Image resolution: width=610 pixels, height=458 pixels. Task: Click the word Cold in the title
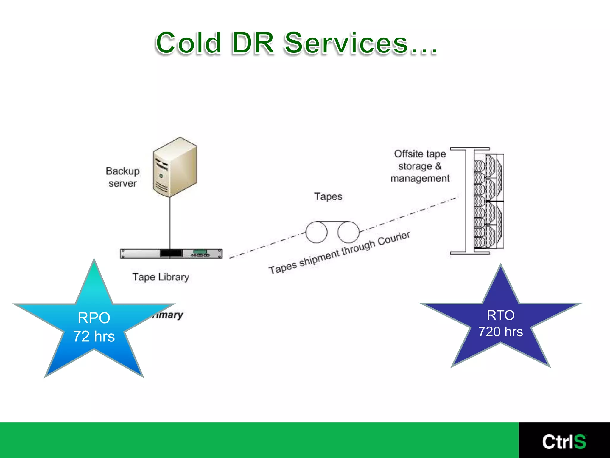click(x=188, y=43)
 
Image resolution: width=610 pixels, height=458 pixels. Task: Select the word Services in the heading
click(x=346, y=43)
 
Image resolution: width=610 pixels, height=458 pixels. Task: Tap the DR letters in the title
click(x=253, y=43)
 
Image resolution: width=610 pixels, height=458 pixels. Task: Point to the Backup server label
click(x=123, y=177)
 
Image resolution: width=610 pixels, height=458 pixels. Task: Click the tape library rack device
click(x=171, y=253)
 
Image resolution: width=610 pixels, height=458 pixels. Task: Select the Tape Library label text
click(x=161, y=277)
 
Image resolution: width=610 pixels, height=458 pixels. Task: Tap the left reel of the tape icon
click(x=316, y=232)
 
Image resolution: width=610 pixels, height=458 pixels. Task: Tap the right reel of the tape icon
click(x=348, y=232)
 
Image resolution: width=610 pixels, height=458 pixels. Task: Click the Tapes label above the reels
click(x=328, y=196)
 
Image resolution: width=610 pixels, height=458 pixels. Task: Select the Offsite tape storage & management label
click(x=420, y=166)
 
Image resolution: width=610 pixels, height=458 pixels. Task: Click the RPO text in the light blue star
click(x=94, y=318)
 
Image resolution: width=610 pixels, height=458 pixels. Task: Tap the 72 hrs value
click(x=94, y=336)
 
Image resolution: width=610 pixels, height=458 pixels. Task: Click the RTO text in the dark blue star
click(x=500, y=315)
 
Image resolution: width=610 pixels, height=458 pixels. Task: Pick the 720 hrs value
click(x=500, y=332)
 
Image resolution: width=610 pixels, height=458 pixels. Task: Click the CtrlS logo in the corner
click(x=564, y=442)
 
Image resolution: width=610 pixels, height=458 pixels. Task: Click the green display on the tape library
click(x=200, y=251)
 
